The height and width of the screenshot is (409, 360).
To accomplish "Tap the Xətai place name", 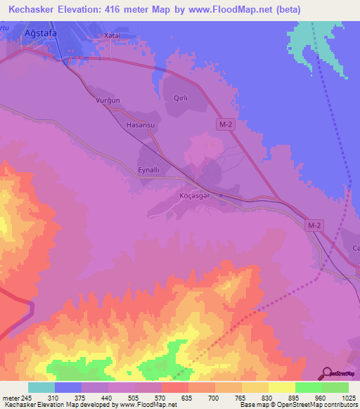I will (x=112, y=35).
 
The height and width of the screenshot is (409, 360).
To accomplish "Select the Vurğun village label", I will (x=108, y=100).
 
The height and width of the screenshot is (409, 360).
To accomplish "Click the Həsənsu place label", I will (x=139, y=124).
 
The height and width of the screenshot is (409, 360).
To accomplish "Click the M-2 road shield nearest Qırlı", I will (x=223, y=124).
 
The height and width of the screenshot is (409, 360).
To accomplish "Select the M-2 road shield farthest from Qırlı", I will (x=314, y=225).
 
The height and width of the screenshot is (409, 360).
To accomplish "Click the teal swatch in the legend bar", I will (x=41, y=387).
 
